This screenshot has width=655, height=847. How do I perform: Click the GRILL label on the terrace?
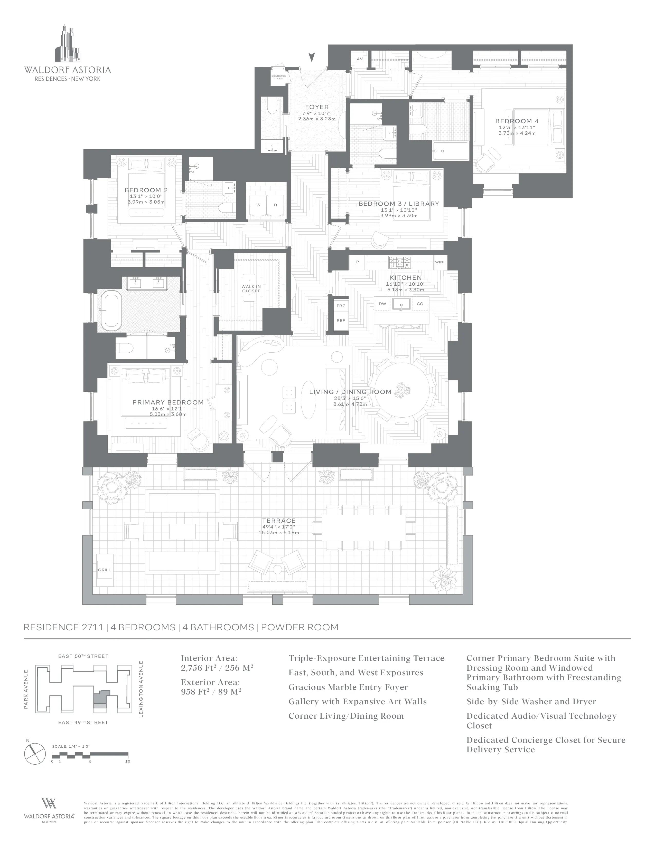[104, 570]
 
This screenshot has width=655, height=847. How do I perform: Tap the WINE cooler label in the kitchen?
[440, 262]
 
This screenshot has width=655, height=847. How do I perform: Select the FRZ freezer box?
[341, 306]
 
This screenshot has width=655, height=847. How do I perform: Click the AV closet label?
[360, 59]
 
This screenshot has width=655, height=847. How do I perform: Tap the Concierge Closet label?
[278, 77]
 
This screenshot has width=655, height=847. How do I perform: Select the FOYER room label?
[317, 107]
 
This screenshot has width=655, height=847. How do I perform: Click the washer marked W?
[258, 205]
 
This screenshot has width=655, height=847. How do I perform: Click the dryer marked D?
[276, 205]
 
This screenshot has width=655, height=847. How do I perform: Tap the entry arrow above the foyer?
[311, 58]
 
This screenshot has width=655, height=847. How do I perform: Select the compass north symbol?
[35, 753]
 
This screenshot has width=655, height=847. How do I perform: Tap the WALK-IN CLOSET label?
[251, 288]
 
